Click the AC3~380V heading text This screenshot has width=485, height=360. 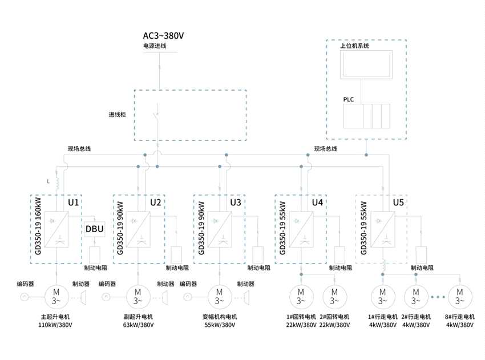(x=163, y=35)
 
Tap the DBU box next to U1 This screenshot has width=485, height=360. (x=95, y=229)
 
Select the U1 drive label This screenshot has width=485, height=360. (x=73, y=203)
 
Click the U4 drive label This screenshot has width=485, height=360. (x=317, y=203)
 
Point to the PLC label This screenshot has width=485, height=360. (x=348, y=99)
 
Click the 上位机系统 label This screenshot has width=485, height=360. (x=354, y=46)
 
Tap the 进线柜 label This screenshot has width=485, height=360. (x=117, y=114)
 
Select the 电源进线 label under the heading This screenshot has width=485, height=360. (x=155, y=46)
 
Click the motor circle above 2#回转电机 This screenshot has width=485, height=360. (x=334, y=297)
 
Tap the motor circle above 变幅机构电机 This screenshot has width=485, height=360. (x=219, y=297)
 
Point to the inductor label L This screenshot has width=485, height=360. (x=48, y=181)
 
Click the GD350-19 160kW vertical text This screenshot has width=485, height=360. (x=39, y=227)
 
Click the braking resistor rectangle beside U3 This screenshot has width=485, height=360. (x=257, y=254)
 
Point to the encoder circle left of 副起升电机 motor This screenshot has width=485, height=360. (x=106, y=297)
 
